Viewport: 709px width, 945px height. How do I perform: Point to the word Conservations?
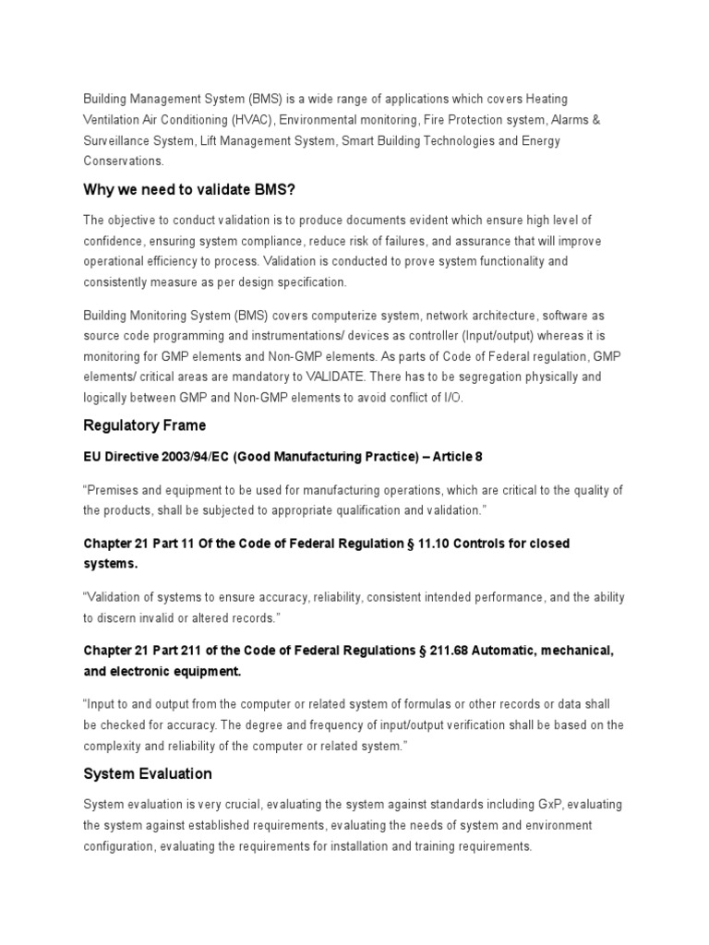123,161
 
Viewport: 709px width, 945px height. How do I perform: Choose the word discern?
122,617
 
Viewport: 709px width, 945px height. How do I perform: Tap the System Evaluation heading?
148,773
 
